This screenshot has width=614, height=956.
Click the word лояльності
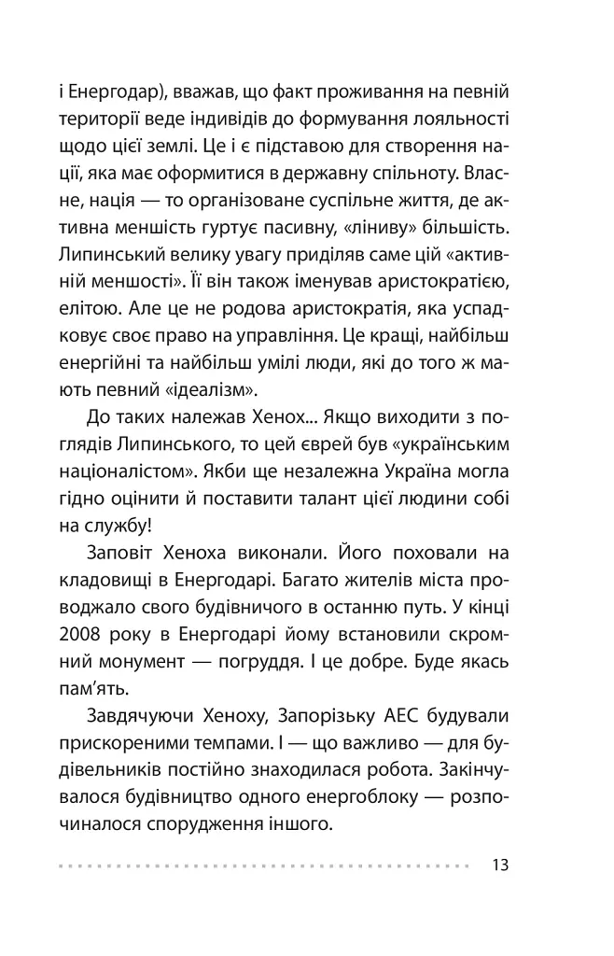pyautogui.click(x=455, y=122)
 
